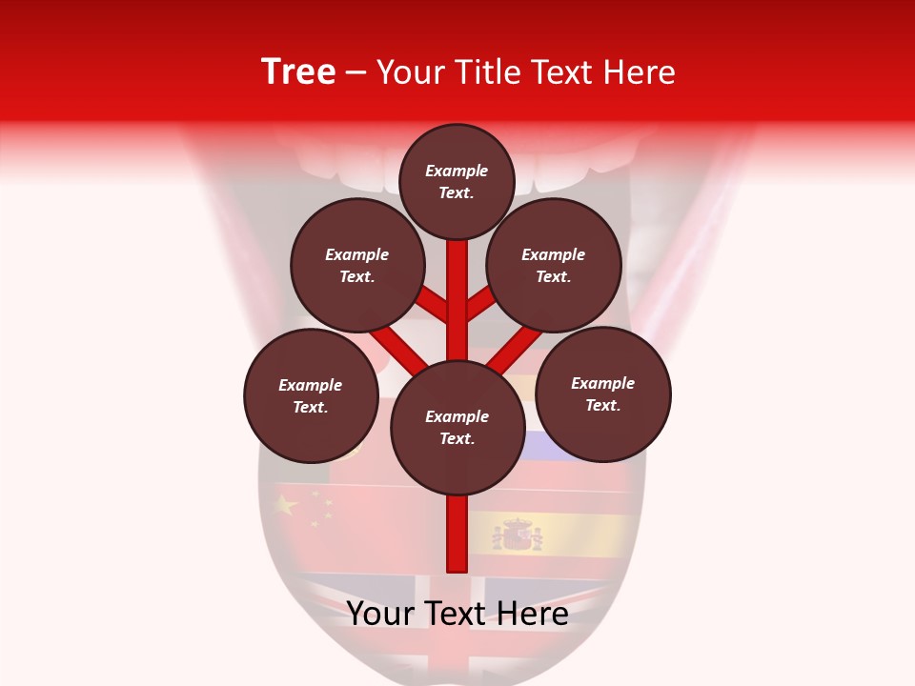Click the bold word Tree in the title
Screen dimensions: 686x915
pos(298,72)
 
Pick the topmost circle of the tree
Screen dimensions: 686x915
pos(457,181)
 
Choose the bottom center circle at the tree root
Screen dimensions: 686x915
pos(457,428)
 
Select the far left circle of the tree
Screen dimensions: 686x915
pos(311,395)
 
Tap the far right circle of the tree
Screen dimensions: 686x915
pos(602,393)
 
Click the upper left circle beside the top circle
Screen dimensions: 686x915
pos(356,266)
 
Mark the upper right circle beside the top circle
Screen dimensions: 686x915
pos(554,266)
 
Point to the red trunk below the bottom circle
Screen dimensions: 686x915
pos(457,534)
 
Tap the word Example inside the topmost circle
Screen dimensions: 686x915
pos(457,171)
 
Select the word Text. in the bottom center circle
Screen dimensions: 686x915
pos(457,439)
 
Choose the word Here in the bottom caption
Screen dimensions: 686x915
pos(536,615)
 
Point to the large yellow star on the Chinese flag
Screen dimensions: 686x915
pos(285,505)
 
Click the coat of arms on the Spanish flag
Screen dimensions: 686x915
pos(518,535)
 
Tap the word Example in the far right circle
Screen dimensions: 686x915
pos(602,383)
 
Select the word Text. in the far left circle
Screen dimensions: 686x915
pos(311,408)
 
